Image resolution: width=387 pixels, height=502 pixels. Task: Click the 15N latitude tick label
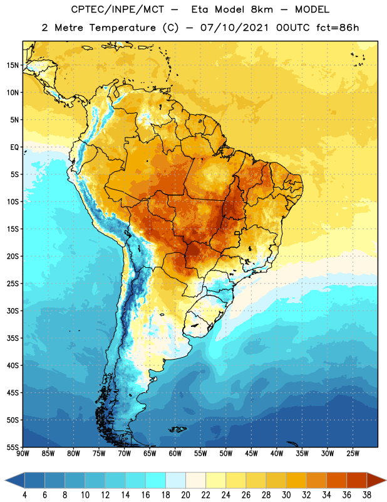(x=13, y=65)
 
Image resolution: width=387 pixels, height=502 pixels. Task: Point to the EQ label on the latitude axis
(x=14, y=147)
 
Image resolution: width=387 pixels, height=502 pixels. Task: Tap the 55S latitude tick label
(x=13, y=447)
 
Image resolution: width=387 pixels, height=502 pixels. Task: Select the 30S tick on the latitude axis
(x=13, y=311)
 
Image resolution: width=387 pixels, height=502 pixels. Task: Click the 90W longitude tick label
(x=23, y=454)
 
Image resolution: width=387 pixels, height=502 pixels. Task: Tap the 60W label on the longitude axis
(x=175, y=454)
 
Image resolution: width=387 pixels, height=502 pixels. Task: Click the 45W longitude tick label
(x=251, y=454)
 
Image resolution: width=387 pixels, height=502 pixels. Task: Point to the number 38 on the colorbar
(x=366, y=495)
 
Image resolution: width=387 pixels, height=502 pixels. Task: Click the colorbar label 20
(x=185, y=495)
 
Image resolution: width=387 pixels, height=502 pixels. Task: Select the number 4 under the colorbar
(x=24, y=495)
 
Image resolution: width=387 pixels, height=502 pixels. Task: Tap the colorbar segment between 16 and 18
(x=156, y=481)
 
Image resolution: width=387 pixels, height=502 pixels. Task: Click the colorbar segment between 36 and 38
(x=357, y=481)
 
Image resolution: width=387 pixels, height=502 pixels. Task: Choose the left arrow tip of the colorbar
(x=5, y=481)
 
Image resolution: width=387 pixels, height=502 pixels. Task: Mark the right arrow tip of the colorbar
(x=386, y=481)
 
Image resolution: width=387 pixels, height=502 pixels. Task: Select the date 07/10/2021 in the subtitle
(x=235, y=28)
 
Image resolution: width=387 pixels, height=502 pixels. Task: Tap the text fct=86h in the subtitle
(x=338, y=28)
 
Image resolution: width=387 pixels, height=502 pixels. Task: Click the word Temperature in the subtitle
(x=122, y=28)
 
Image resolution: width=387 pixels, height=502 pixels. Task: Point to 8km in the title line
(x=262, y=9)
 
